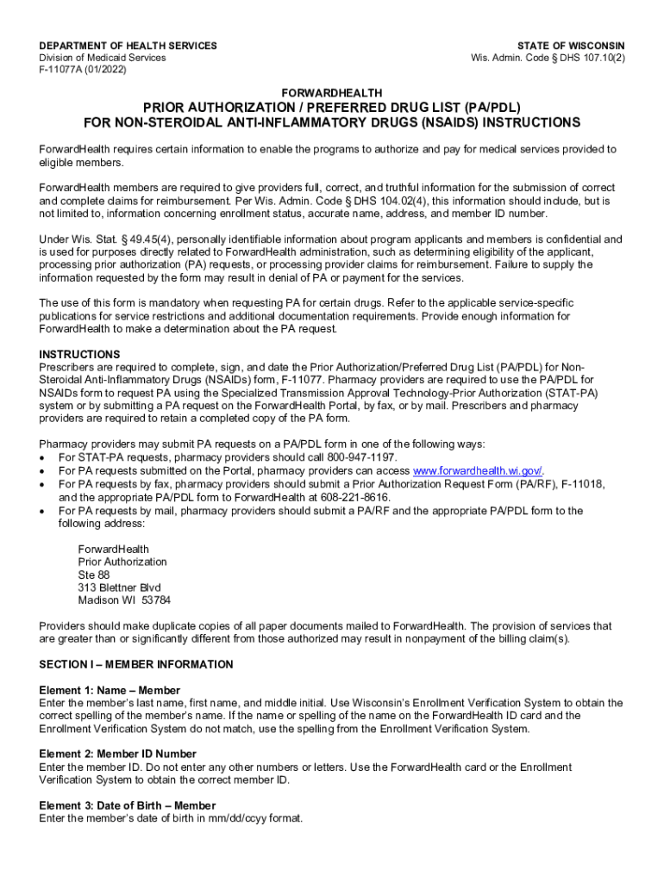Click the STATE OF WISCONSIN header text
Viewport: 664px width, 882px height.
[x=571, y=46]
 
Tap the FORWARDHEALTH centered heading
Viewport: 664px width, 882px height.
[x=332, y=93]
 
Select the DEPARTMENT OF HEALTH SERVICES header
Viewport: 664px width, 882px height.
[x=128, y=46]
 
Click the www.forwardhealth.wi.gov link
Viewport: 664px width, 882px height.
[x=478, y=470]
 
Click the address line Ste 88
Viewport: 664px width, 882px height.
[x=94, y=575]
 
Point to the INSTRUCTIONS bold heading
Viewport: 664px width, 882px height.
[x=80, y=354]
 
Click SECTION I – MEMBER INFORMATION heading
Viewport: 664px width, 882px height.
[x=136, y=664]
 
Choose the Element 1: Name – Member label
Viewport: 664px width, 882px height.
[x=110, y=690]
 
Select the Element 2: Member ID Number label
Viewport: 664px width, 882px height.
[x=117, y=754]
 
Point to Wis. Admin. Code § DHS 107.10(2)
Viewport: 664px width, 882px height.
[x=548, y=58]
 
